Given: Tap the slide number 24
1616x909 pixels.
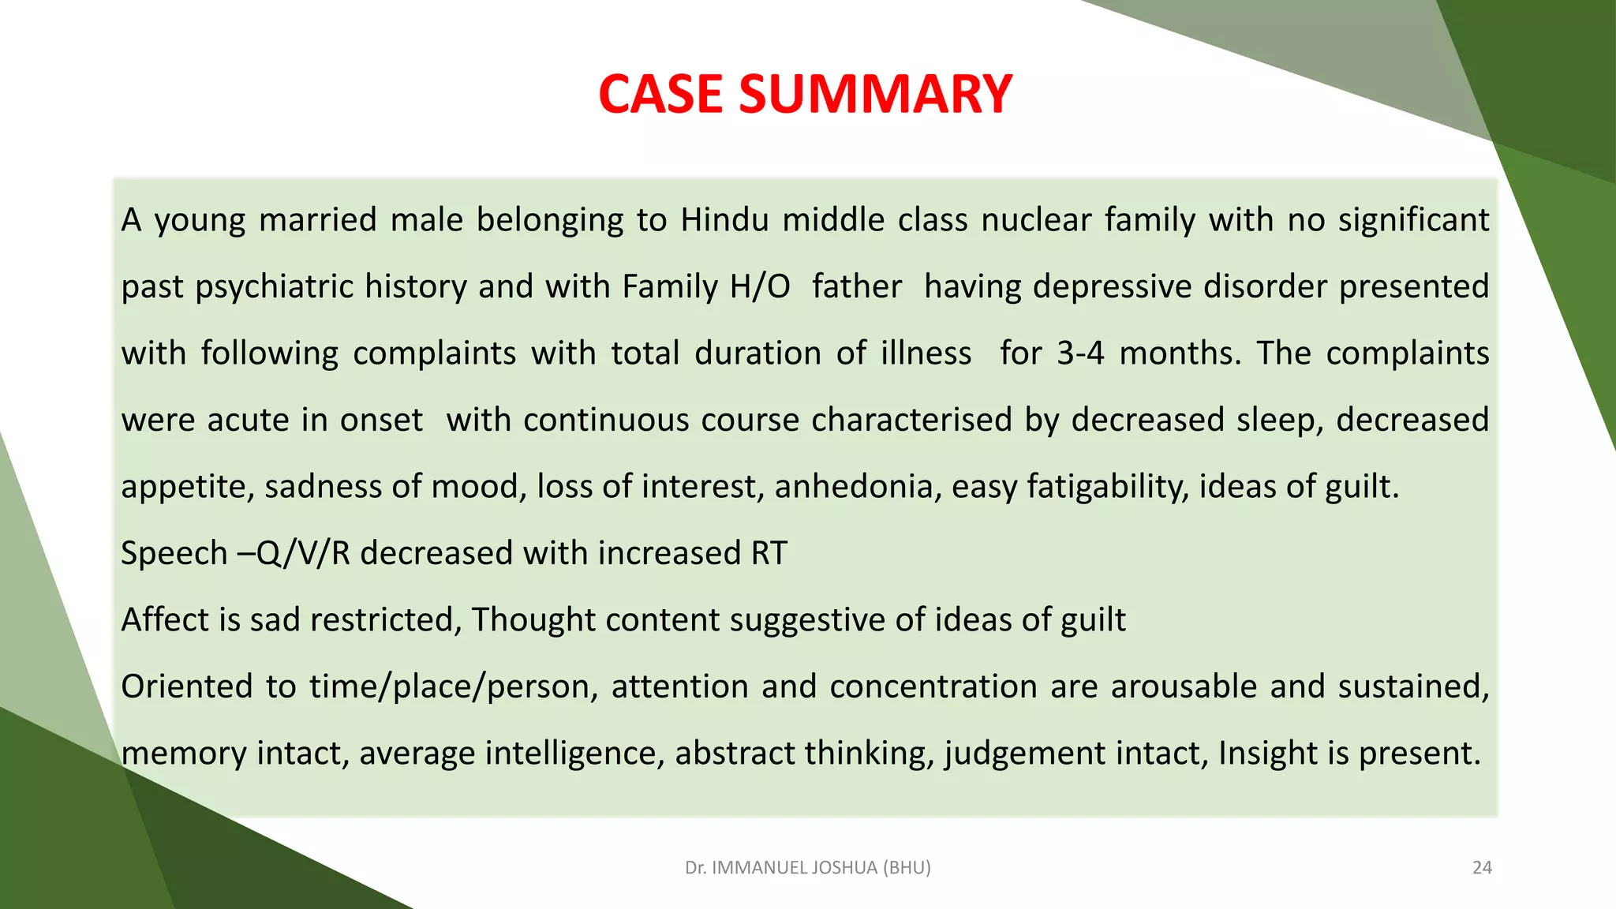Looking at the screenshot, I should click(x=1482, y=868).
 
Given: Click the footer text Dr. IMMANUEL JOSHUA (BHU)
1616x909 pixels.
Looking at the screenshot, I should click(x=807, y=868).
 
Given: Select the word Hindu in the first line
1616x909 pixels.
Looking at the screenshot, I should click(x=724, y=220).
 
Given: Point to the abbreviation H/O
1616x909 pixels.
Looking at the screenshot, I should click(x=760, y=286).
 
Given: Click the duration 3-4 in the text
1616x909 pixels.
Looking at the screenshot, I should click(x=1079, y=353).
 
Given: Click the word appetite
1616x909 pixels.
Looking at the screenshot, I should click(x=186, y=487).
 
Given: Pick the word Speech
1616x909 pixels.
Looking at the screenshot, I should click(x=174, y=553).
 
